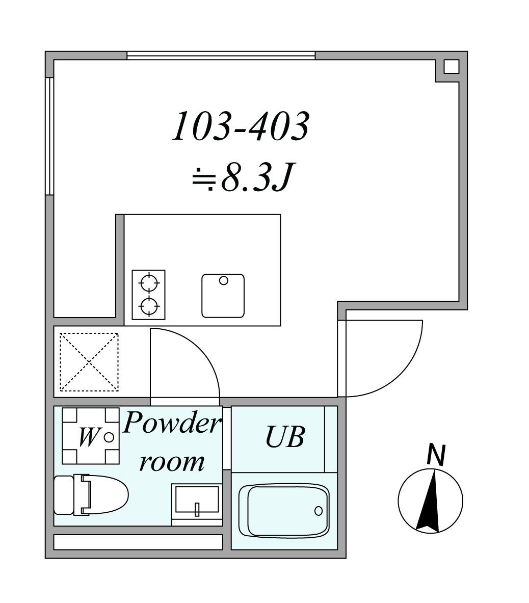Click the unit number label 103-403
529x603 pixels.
tap(240, 126)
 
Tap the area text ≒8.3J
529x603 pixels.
tap(243, 177)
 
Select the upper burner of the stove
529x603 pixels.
tap(149, 283)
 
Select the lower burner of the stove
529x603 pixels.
tap(149, 307)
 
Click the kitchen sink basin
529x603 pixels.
tap(223, 296)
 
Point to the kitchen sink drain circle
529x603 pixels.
tap(223, 281)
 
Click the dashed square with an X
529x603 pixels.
tap(89, 362)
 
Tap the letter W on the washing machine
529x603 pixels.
tap(88, 437)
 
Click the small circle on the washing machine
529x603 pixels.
tap(109, 437)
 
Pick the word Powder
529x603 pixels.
tap(172, 422)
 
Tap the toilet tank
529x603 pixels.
tap(64, 495)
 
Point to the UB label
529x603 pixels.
tap(285, 437)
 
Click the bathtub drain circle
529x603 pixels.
tap(319, 511)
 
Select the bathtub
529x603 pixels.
tap(284, 511)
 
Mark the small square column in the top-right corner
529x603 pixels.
tap(452, 67)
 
